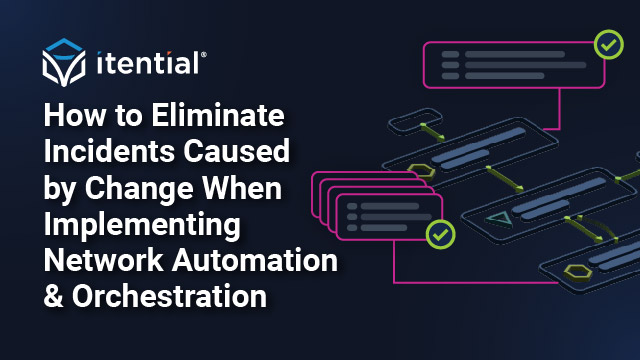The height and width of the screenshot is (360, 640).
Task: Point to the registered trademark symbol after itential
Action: tap(205, 56)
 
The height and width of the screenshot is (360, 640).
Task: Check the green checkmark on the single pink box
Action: tap(607, 44)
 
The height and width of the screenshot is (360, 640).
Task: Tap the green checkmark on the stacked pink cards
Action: tap(439, 236)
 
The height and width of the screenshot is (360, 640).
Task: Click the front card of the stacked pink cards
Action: tap(390, 218)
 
